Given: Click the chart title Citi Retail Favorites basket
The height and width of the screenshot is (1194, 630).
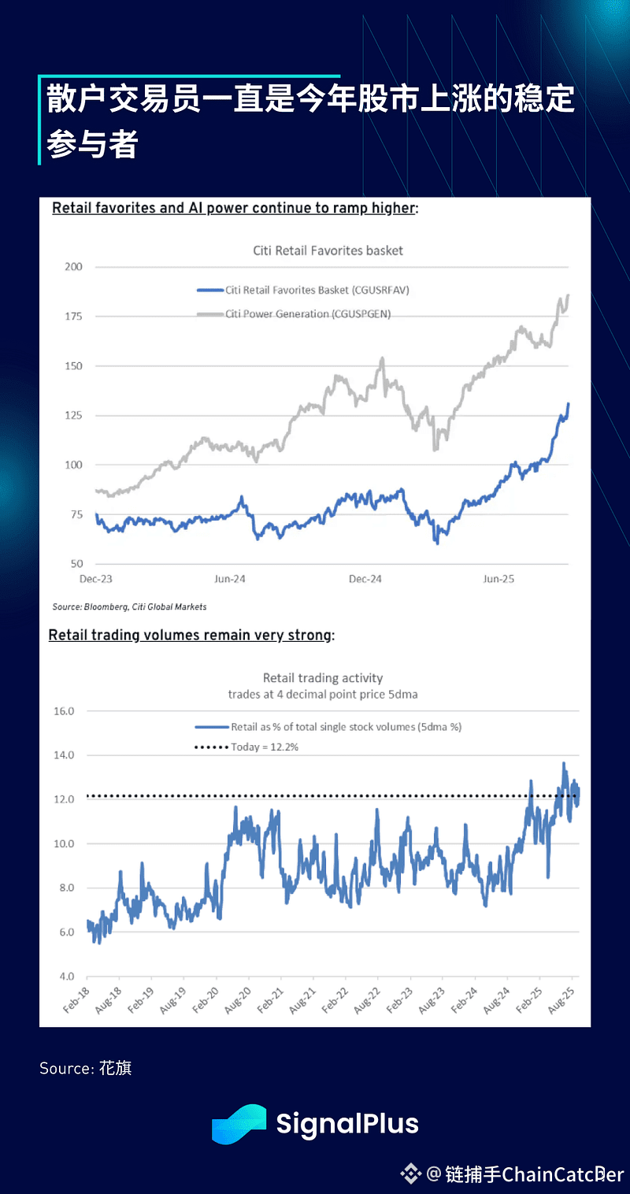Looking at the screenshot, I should (328, 250).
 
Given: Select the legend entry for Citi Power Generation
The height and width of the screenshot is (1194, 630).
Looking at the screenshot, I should (307, 313).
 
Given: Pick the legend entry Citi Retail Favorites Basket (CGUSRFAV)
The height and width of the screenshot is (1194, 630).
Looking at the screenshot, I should (317, 290).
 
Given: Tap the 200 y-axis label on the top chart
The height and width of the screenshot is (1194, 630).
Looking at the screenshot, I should (72, 267).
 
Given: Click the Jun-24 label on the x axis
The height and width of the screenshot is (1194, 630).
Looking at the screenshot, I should (229, 579).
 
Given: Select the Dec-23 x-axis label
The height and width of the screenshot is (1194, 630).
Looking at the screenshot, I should (96, 579).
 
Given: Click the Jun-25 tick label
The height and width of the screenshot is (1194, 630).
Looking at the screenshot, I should (498, 579).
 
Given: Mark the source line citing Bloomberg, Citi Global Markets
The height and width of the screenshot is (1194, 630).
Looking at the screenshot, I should (129, 607).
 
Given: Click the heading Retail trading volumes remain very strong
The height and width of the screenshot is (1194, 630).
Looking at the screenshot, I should (191, 635).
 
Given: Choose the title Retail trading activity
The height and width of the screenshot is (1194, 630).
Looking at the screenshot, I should (322, 677).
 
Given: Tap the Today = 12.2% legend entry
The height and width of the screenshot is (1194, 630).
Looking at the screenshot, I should (264, 747).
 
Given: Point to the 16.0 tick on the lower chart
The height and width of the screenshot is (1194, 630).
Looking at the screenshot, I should (63, 711).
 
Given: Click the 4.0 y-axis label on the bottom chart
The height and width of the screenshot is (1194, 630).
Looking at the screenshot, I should (65, 977).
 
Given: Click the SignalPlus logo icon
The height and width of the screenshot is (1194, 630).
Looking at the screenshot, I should (239, 1124).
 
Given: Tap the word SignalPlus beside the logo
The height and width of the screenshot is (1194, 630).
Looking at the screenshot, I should (347, 1124).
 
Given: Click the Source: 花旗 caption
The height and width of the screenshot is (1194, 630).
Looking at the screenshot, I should (86, 1069).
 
